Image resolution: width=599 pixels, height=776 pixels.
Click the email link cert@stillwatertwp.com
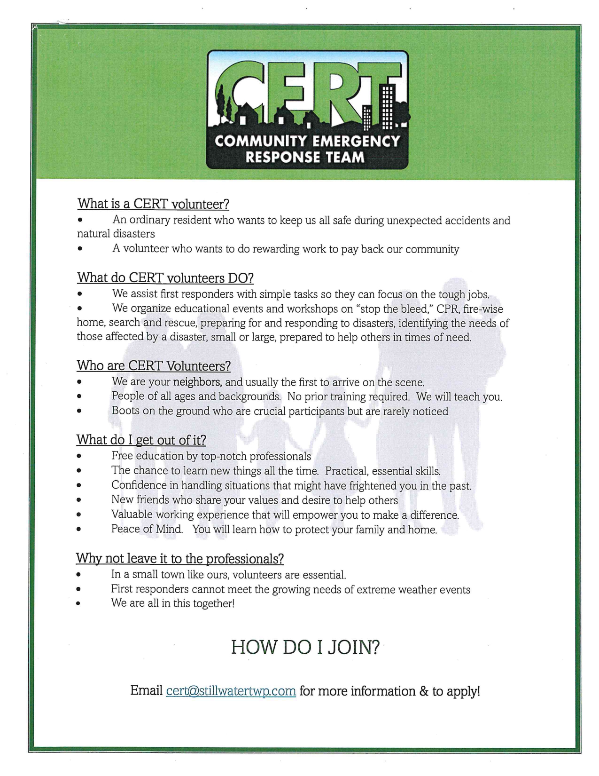click(231, 691)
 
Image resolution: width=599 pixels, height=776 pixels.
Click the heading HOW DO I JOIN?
click(305, 648)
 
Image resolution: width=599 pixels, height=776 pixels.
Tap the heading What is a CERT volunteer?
click(153, 204)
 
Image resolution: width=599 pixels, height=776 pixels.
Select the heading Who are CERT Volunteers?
click(154, 365)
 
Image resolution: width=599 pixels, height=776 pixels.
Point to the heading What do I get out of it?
click(141, 440)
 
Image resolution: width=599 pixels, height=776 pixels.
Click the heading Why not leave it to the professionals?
click(179, 558)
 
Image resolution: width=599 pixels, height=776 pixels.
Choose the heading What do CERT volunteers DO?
click(165, 277)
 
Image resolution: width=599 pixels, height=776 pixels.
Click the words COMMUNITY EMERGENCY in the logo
click(307, 141)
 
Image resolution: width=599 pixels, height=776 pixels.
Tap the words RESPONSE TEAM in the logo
click(305, 157)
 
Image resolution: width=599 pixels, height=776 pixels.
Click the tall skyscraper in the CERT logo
click(387, 106)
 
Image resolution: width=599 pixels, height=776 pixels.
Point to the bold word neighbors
click(197, 382)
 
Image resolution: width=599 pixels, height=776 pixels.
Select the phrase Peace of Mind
click(147, 529)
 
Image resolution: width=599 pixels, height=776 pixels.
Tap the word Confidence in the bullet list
click(139, 485)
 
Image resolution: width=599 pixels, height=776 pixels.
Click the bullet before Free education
click(79, 456)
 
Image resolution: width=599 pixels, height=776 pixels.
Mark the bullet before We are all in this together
click(79, 603)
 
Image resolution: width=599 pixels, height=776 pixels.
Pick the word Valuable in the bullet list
click(132, 515)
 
